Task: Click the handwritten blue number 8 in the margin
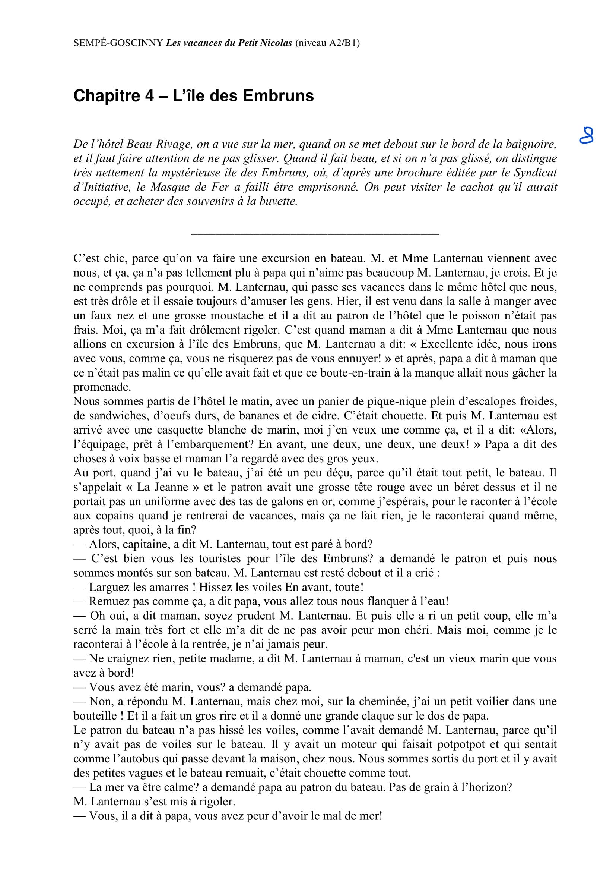[587, 135]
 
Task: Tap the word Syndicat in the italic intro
[536, 173]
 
